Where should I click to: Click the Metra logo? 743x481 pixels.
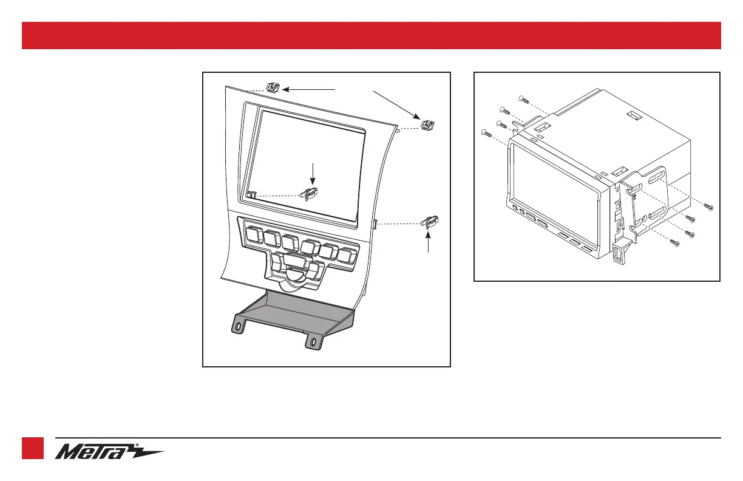tap(109, 452)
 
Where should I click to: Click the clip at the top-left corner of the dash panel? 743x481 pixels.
tap(272, 87)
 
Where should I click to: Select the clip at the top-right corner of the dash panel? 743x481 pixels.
tap(429, 125)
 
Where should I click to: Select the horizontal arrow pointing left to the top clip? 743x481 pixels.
tap(309, 89)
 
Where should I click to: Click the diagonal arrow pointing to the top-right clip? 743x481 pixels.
tap(395, 104)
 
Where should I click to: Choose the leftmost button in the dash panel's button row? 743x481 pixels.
tap(253, 231)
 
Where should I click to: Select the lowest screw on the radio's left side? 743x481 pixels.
tap(486, 132)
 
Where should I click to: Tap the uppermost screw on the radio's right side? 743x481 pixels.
tap(708, 207)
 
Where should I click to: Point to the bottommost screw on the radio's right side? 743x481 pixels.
tap(673, 242)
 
